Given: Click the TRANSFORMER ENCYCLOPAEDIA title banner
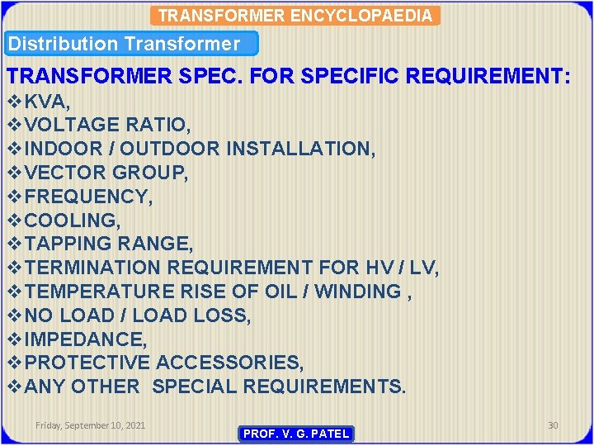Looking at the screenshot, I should click(295, 15).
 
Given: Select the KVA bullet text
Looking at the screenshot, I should click(48, 102).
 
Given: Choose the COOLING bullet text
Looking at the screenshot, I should click(73, 221).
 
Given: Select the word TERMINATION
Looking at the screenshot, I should click(93, 268).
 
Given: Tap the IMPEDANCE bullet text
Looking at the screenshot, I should click(86, 339).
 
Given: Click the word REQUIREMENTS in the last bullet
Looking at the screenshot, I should click(327, 387).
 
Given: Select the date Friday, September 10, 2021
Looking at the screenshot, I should click(91, 425).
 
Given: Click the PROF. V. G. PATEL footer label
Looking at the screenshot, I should click(295, 434).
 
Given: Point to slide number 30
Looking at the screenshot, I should click(553, 425).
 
